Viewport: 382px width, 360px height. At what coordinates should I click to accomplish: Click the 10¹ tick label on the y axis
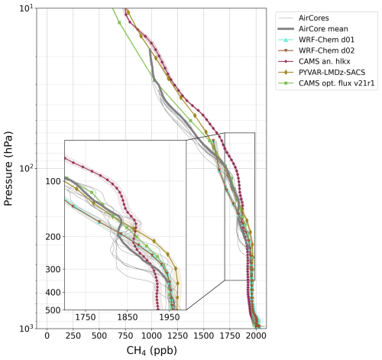(x=25, y=8)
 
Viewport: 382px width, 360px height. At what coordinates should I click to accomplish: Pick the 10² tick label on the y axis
(x=25, y=168)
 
